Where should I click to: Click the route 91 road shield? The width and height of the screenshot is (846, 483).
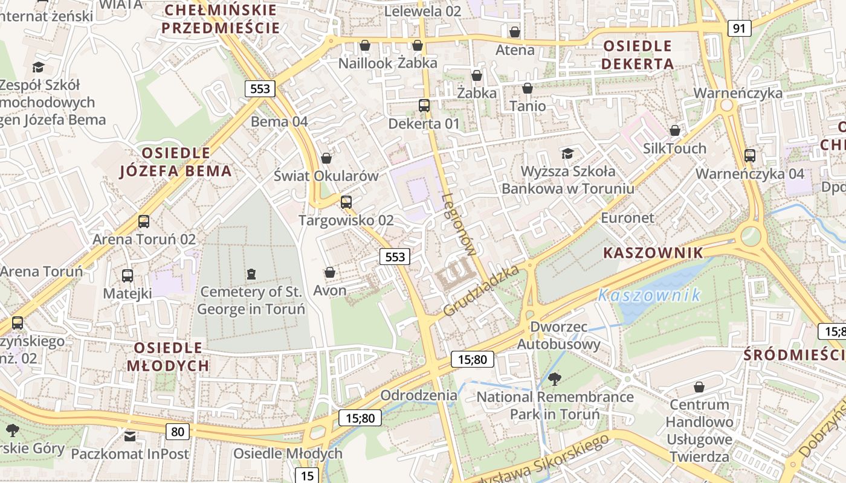[x=740, y=28]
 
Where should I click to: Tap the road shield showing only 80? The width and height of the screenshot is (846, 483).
[x=177, y=431]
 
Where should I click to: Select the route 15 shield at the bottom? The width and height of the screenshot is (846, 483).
[x=307, y=475]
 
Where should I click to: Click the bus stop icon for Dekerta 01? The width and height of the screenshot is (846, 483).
[x=424, y=106]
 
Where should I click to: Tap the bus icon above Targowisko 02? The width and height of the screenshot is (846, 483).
[x=346, y=202]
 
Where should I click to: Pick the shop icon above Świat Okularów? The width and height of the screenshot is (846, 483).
[x=326, y=158]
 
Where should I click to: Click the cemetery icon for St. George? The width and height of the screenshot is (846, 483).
[x=251, y=274]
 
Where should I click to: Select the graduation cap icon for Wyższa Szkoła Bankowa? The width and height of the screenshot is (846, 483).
[x=567, y=153]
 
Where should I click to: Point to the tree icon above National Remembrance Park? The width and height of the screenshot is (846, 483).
[x=554, y=379]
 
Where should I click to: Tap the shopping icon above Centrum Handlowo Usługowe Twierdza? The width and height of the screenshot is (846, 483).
[x=699, y=386]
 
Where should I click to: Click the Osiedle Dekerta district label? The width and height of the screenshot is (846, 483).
[x=638, y=55]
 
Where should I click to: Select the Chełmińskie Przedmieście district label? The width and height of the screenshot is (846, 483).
[x=221, y=19]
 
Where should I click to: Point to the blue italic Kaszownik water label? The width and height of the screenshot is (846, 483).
[x=649, y=295]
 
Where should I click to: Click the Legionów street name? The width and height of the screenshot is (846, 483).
[x=460, y=225]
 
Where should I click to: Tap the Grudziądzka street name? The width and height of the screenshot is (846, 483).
[x=482, y=291]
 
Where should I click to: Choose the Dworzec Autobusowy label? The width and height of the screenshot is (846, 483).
[x=559, y=336]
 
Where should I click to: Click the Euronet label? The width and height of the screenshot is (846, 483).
[x=627, y=218]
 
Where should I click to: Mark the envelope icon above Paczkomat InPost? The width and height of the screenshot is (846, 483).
[x=130, y=436]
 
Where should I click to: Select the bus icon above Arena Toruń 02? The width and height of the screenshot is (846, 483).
[x=144, y=222]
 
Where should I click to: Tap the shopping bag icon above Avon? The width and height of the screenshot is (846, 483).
[x=329, y=273]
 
